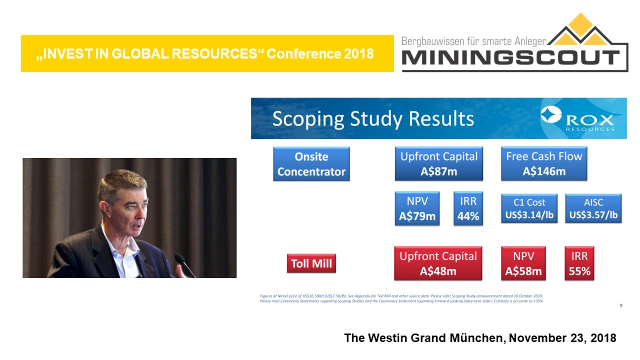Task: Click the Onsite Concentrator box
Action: coord(311,164)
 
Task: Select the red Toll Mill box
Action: coord(311,263)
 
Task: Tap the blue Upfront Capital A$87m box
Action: coord(438,164)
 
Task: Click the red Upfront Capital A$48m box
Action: coord(438,263)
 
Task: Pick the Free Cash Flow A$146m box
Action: coord(544,164)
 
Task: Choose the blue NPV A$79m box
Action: coord(417,209)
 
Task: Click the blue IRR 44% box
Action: coord(468,209)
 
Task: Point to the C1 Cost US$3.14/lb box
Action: coord(529,209)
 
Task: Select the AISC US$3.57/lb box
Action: coord(593,209)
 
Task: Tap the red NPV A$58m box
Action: coord(523,263)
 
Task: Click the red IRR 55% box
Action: coord(579,263)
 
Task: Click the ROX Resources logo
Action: coord(578,119)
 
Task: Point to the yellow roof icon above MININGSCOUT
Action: coord(581,30)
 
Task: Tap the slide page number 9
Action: coord(621,305)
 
